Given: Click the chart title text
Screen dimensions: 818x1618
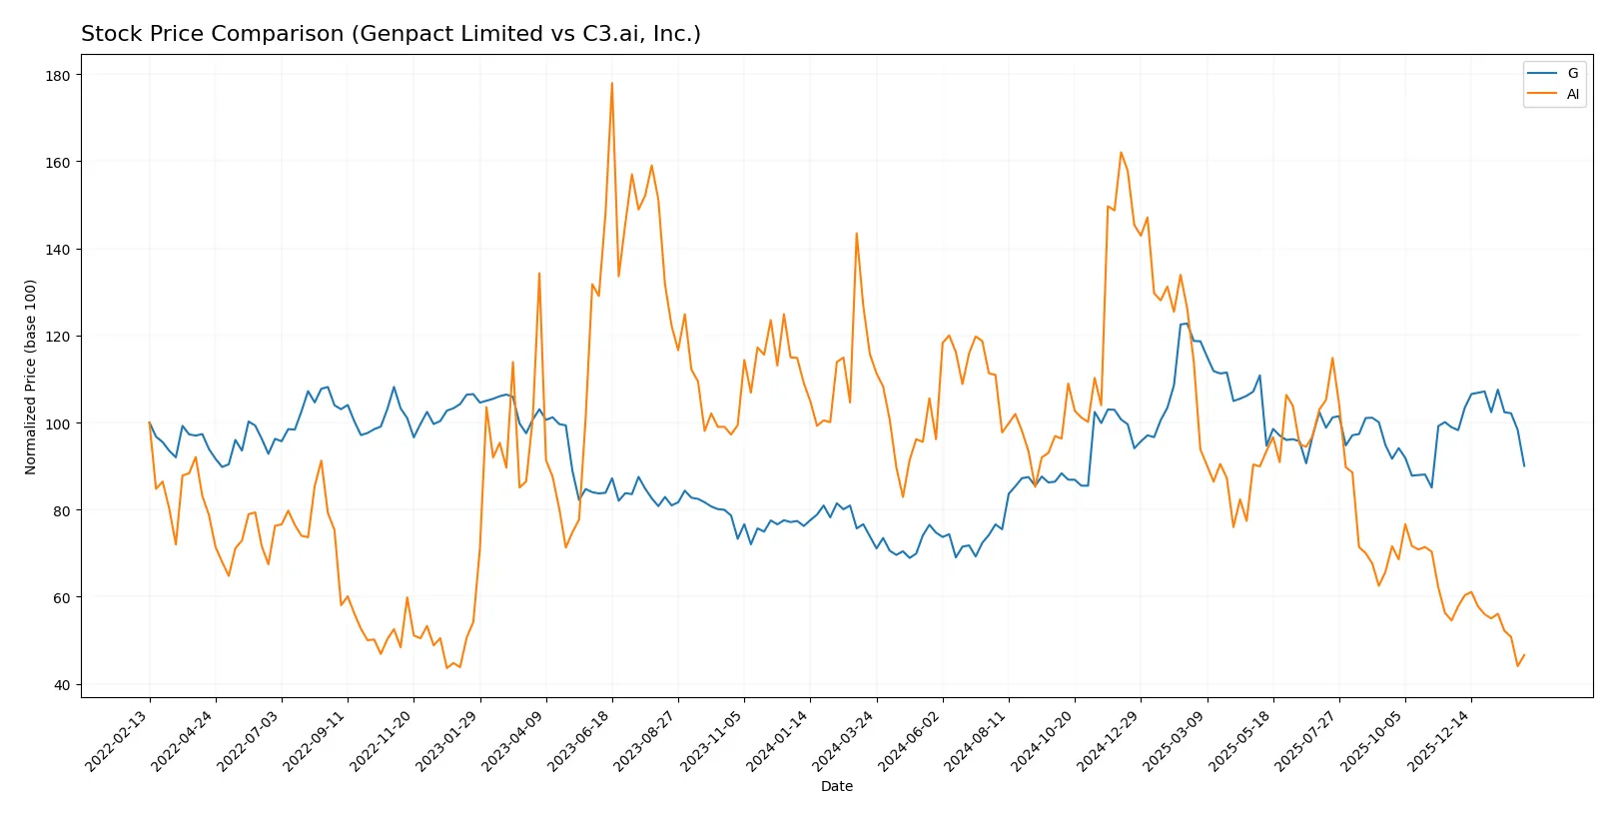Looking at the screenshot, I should [x=391, y=34].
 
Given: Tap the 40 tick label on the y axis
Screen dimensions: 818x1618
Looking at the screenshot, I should [x=61, y=685].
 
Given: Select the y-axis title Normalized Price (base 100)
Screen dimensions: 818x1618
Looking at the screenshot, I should [x=31, y=377].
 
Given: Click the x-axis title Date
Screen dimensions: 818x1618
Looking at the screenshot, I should [x=836, y=786].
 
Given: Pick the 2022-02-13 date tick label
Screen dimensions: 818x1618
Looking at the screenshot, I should [x=117, y=740].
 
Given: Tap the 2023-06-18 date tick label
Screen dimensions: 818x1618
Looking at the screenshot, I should [x=579, y=740].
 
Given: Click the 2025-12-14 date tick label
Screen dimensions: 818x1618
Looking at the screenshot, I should [x=1438, y=740].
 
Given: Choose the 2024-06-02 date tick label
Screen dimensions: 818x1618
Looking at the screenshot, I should [x=910, y=740].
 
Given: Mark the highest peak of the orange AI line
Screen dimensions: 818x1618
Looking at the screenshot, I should [x=612, y=83].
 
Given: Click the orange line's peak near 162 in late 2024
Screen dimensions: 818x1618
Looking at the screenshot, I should [x=1121, y=153].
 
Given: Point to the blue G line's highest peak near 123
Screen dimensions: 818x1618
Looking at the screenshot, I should [x=1187, y=324].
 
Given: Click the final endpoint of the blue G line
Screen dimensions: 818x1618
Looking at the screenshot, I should [x=1524, y=465].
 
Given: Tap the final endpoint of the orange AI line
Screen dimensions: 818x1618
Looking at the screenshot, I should [x=1524, y=655].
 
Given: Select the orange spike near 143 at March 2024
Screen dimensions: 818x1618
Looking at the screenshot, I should [x=856, y=234].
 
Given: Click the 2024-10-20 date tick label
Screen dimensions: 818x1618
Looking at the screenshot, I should [x=1042, y=740].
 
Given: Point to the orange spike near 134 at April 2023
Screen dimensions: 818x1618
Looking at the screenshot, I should [x=539, y=273].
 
